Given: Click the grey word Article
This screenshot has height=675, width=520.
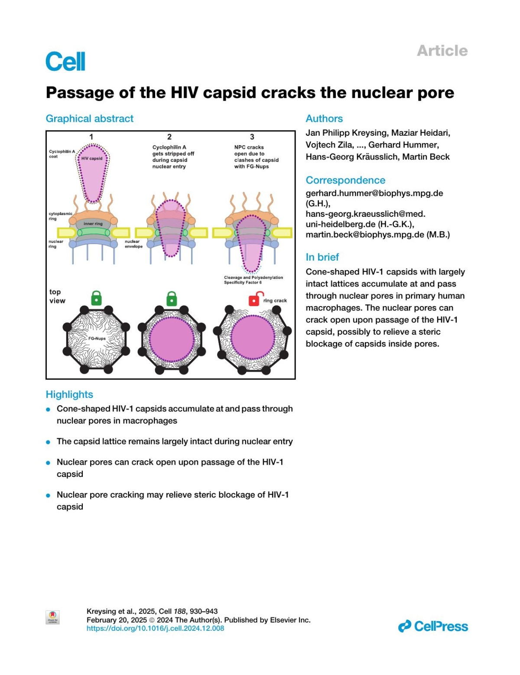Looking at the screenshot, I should tap(442, 51).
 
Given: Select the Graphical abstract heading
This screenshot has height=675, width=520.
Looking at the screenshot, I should tap(90, 119).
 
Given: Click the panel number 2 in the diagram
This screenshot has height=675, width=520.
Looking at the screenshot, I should tap(169, 137).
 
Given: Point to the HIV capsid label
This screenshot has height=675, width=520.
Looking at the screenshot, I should tap(92, 159).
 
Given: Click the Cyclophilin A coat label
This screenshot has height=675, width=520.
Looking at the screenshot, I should tap(62, 154).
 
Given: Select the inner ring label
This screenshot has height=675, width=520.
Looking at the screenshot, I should tap(93, 224).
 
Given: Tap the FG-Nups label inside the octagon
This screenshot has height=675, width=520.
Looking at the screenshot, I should tap(97, 339).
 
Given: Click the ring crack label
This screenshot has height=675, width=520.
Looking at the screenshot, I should tap(275, 300).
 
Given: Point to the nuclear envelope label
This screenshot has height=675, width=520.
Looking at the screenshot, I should tap(133, 244).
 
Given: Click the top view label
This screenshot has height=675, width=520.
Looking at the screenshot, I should tap(57, 297).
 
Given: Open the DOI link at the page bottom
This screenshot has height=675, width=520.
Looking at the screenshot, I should tap(155, 628).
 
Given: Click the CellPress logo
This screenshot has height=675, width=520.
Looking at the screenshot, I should tap(433, 626).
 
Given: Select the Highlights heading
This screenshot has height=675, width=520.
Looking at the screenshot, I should tap(69, 395).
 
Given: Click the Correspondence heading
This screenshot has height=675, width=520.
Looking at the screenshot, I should tap(345, 180).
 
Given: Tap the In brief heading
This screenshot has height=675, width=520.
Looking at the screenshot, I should tap(322, 257).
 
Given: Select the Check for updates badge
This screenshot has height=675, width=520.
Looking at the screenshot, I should tap(52, 617).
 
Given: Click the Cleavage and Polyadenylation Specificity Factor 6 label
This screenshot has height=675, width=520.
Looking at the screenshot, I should tap(253, 280).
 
